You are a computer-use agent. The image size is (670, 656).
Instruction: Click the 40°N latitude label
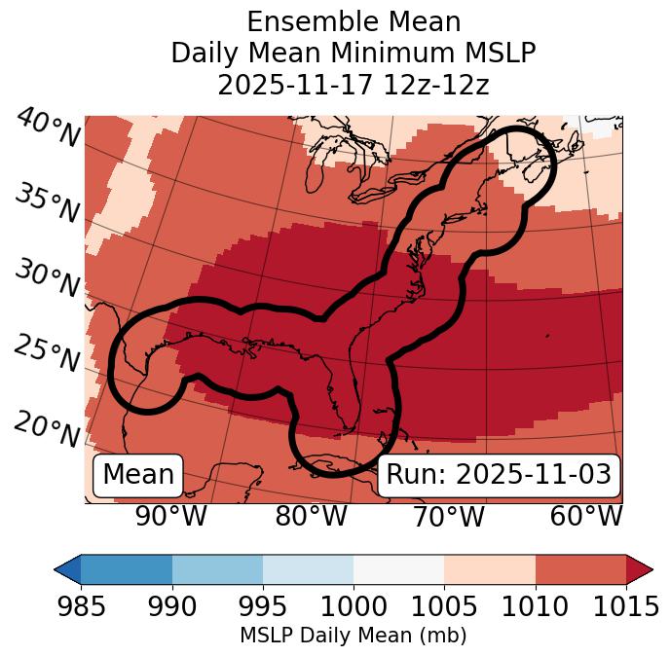pos(48,128)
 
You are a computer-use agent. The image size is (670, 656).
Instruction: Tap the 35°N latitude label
pos(48,203)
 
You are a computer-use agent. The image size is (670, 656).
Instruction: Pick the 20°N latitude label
pos(48,428)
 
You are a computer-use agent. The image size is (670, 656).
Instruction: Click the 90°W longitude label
pos(171,516)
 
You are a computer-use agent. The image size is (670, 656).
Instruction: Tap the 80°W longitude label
pos(311,516)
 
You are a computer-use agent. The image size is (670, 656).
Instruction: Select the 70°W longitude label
pos(447,516)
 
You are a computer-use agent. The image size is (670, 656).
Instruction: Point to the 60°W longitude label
pos(585,516)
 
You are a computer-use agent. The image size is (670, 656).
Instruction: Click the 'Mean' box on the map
pos(138,475)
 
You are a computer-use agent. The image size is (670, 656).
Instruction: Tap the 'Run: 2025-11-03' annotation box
pos(499,475)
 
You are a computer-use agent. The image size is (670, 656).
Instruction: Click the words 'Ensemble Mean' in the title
pos(353,21)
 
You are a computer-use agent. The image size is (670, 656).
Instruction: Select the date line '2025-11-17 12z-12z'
pos(353,85)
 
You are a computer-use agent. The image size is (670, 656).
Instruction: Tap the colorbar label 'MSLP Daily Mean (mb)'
pos(353,637)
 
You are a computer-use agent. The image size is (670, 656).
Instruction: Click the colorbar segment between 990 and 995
pos(217,568)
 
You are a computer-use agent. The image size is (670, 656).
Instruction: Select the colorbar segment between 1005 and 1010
pos(490,568)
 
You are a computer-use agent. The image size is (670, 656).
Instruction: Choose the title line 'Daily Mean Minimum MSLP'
pos(353,53)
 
